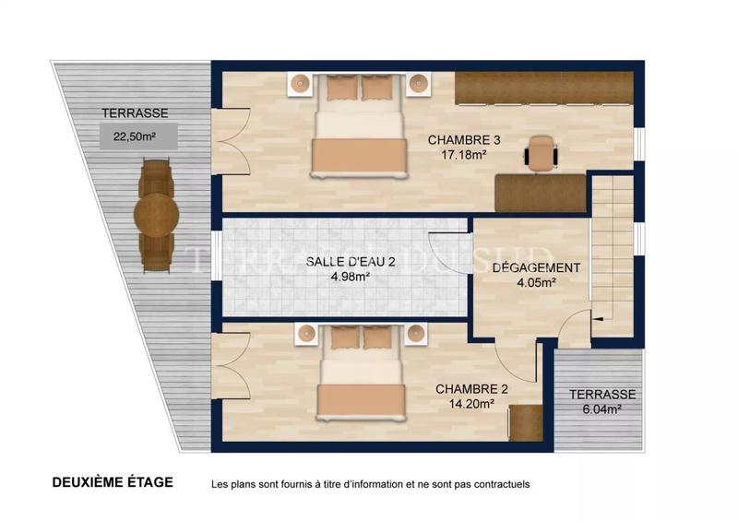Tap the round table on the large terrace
coord(156,216)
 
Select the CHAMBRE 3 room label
coord(463,140)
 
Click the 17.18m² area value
coord(463,155)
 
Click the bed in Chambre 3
coord(358,134)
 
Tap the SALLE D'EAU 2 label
coord(351,262)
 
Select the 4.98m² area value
coord(351,277)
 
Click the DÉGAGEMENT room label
coord(536,268)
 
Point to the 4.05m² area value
coord(536,283)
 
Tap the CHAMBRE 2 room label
coord(471,388)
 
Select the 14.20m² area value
coord(471,403)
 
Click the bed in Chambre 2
coord(362,383)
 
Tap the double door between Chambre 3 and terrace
coord(231,140)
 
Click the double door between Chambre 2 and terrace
coord(231,365)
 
